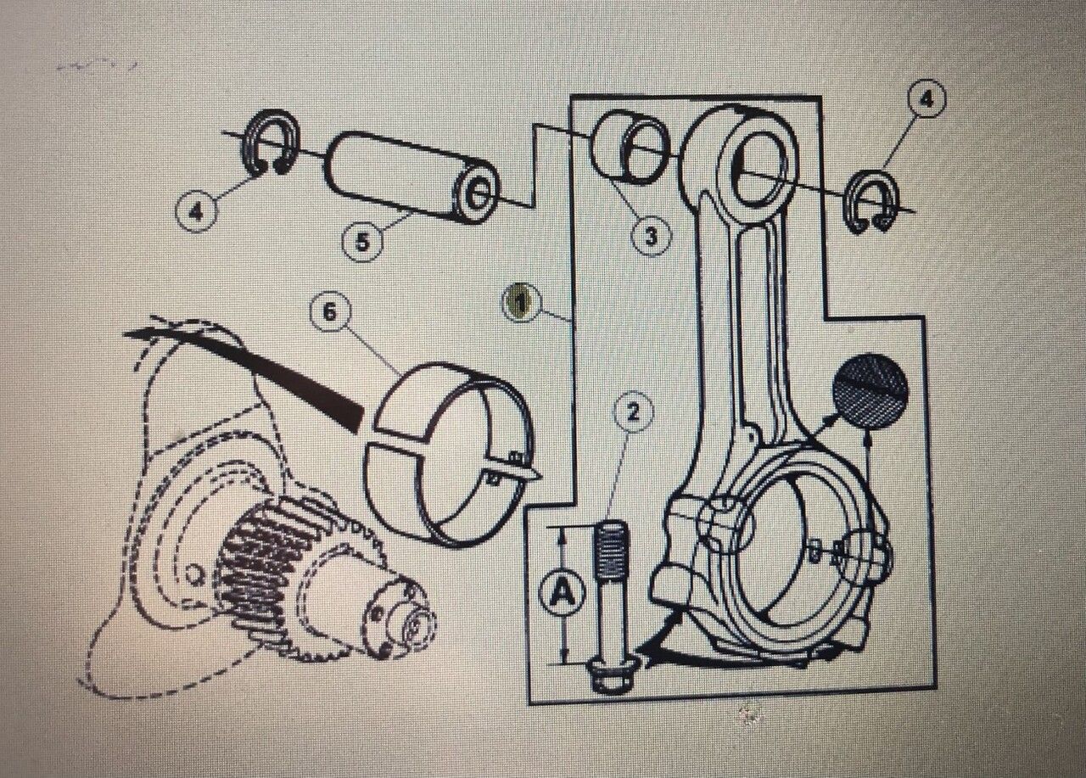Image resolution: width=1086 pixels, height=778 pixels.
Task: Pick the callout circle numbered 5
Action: (361, 242)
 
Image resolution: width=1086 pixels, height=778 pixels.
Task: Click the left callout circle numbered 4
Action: (196, 211)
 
